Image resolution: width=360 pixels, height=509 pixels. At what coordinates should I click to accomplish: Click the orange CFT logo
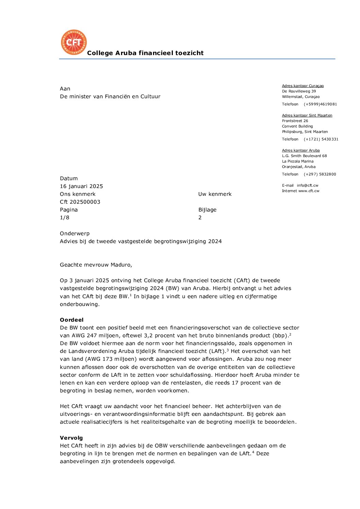pyautogui.click(x=73, y=42)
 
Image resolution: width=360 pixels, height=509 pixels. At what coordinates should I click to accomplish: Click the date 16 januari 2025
pyautogui.click(x=81, y=186)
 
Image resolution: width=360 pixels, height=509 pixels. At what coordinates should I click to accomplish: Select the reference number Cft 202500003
pyautogui.click(x=80, y=202)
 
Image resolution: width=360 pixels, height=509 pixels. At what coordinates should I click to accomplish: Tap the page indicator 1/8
pyautogui.click(x=65, y=218)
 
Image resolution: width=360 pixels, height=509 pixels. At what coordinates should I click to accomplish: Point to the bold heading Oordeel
pyautogui.click(x=71, y=320)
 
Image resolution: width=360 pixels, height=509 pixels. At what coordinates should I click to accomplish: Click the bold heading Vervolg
pyautogui.click(x=71, y=438)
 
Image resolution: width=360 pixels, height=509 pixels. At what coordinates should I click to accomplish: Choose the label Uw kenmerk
pyautogui.click(x=215, y=194)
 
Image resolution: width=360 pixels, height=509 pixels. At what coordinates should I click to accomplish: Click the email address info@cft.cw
pyautogui.click(x=307, y=185)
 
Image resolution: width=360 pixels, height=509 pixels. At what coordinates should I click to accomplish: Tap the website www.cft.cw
pyautogui.click(x=309, y=191)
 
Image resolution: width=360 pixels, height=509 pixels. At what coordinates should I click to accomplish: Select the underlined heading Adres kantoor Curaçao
pyautogui.click(x=302, y=86)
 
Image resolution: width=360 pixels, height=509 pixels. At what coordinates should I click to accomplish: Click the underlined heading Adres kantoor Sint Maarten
pyautogui.click(x=307, y=116)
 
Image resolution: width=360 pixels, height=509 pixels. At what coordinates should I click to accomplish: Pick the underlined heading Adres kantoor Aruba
pyautogui.click(x=300, y=151)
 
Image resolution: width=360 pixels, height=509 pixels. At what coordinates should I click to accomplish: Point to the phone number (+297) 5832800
pyautogui.click(x=320, y=174)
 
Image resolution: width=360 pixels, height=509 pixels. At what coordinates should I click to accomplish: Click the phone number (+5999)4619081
pyautogui.click(x=320, y=104)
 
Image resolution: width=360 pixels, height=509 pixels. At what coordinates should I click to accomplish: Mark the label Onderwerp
pyautogui.click(x=75, y=234)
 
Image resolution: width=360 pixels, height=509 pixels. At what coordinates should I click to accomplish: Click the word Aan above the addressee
pyautogui.click(x=65, y=89)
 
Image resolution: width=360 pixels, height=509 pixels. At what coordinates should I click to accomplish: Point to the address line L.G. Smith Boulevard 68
pyautogui.click(x=304, y=156)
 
